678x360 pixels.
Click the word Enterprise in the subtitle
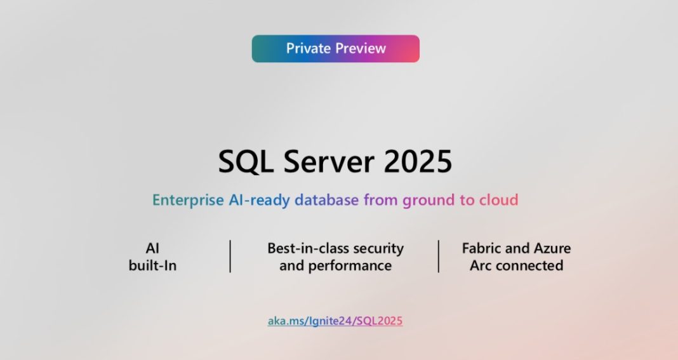[x=187, y=200]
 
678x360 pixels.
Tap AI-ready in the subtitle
[x=258, y=200]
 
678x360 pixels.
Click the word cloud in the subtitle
[x=498, y=200]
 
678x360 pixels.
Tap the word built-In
[x=152, y=265]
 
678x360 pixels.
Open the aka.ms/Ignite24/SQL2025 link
[x=335, y=321]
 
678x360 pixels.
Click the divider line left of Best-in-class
[x=230, y=257]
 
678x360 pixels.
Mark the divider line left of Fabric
[x=439, y=257]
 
